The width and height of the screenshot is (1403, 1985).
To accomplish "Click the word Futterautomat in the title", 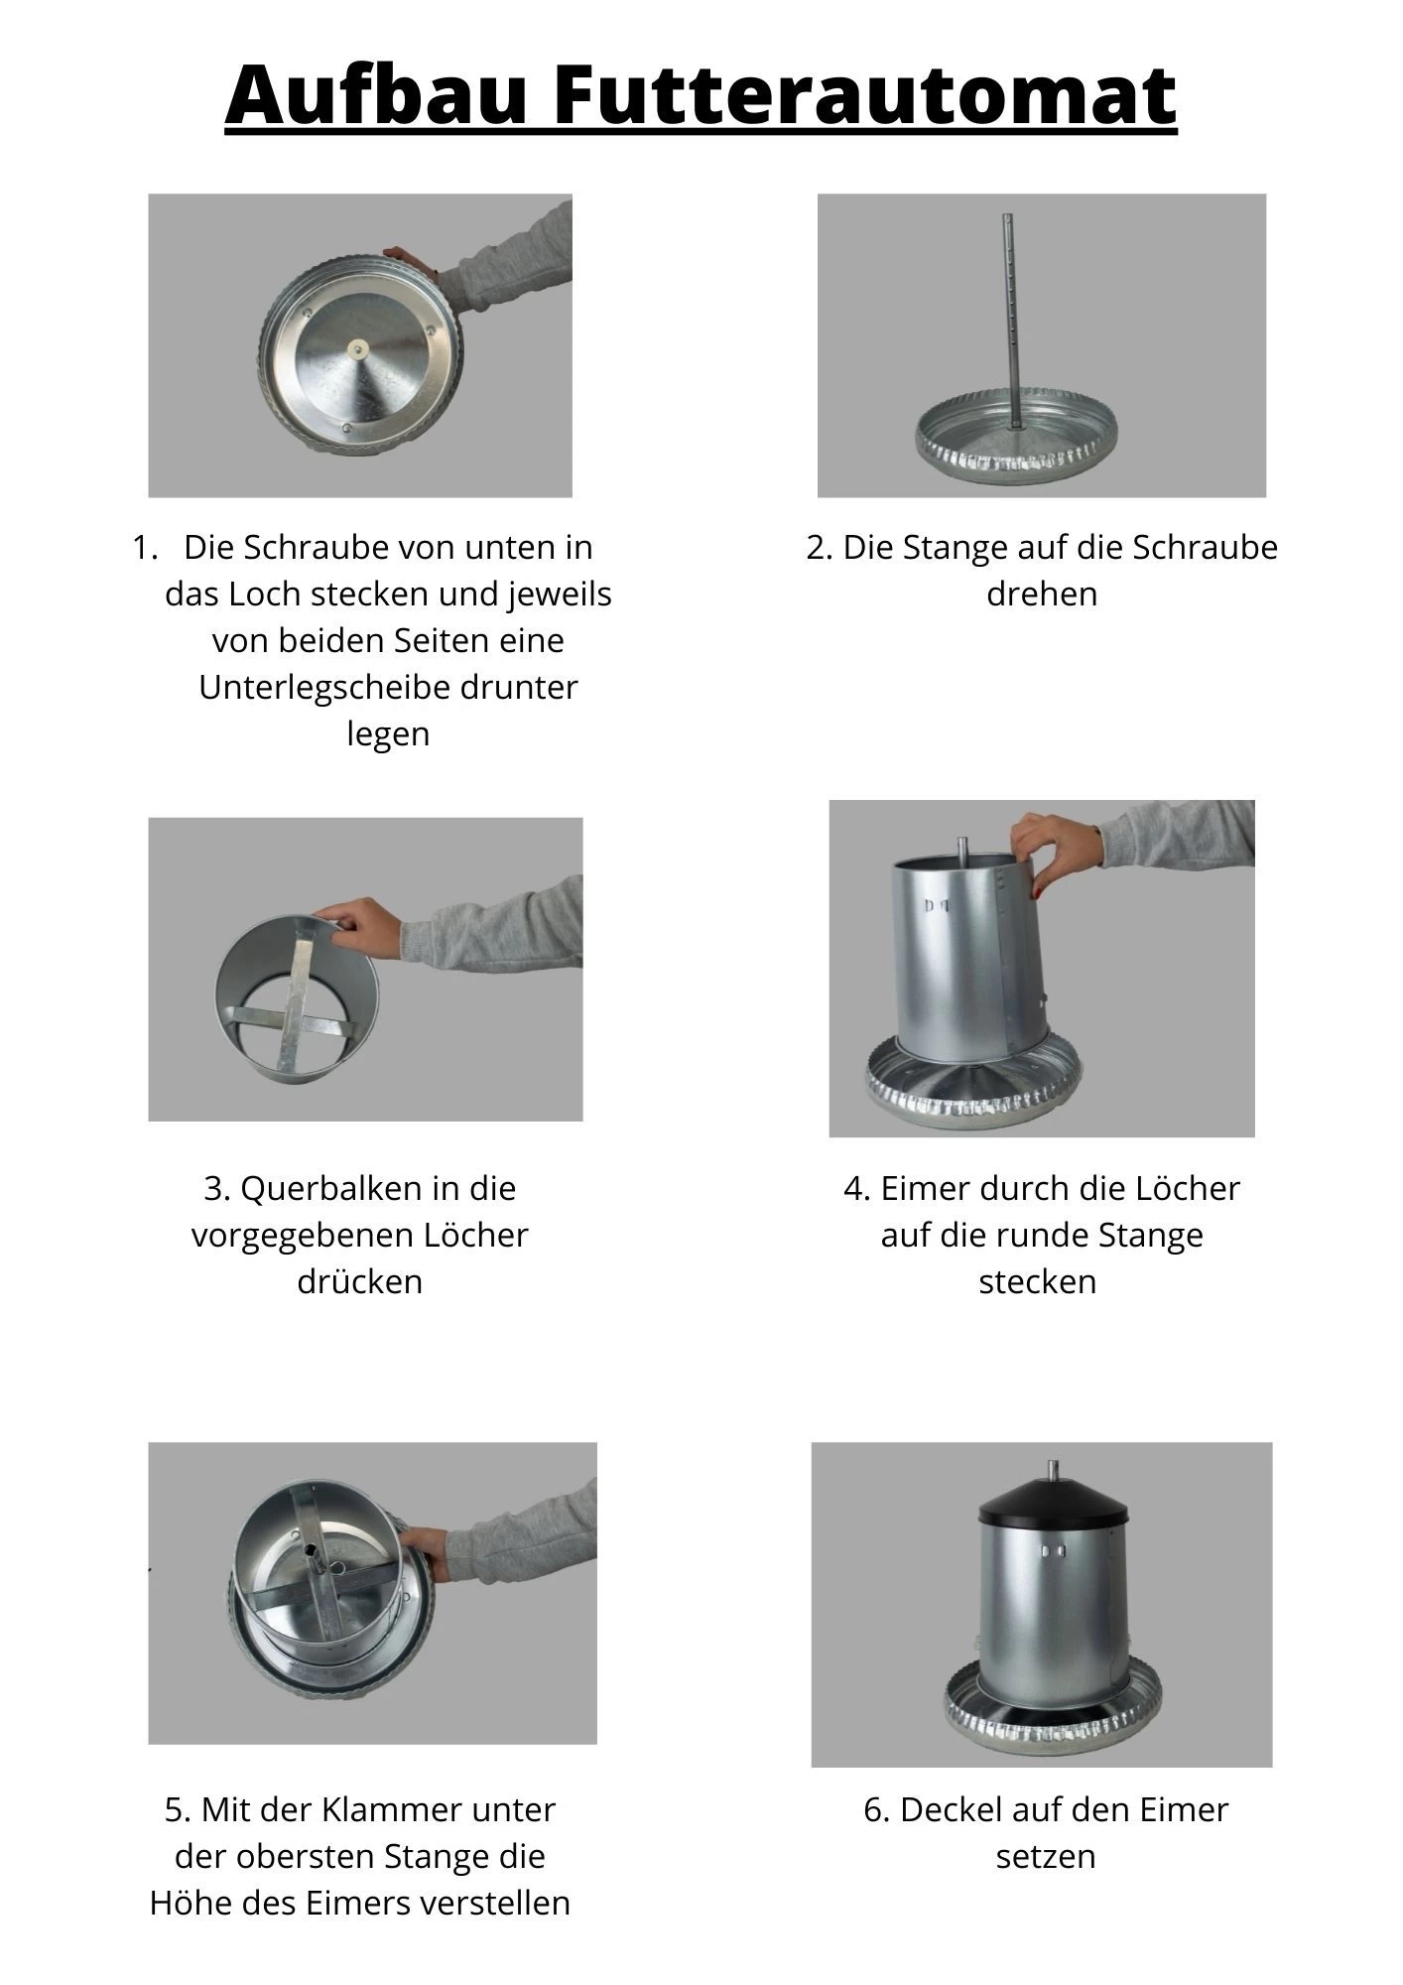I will coord(863,94).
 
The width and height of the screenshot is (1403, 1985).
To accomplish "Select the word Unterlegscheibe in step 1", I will coord(387,687).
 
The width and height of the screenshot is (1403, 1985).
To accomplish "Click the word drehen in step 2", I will coord(1041,594).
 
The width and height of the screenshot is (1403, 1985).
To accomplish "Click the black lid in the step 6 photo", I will coord(1052,1504).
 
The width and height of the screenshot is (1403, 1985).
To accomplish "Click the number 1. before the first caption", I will coord(145,547).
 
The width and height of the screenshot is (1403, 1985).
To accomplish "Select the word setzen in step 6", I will coord(1045,1856).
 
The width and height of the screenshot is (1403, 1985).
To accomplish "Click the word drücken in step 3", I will coord(359,1281).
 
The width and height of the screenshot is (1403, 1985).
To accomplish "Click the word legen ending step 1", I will coord(387,733).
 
